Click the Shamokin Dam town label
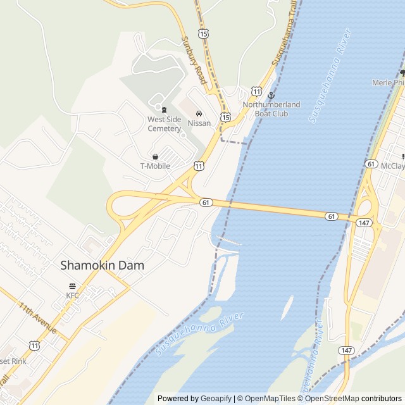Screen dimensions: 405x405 click(102, 266)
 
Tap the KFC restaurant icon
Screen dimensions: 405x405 click(72, 286)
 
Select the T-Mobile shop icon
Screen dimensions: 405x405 click(155, 156)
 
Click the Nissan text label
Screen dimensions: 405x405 click(199, 123)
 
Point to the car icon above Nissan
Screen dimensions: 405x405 click(199, 114)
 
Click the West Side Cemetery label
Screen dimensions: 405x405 click(164, 123)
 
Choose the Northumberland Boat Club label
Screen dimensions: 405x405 click(271, 108)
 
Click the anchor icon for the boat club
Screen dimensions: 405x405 click(271, 95)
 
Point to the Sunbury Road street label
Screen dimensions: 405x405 click(194, 61)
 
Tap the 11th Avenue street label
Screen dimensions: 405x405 click(38, 318)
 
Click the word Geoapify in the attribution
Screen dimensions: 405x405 click(216, 399)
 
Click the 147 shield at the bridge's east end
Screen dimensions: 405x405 click(364, 223)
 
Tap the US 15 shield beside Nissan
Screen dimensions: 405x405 click(225, 116)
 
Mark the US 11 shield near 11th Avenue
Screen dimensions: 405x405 click(34, 345)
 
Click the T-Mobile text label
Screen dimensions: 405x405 click(155, 166)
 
